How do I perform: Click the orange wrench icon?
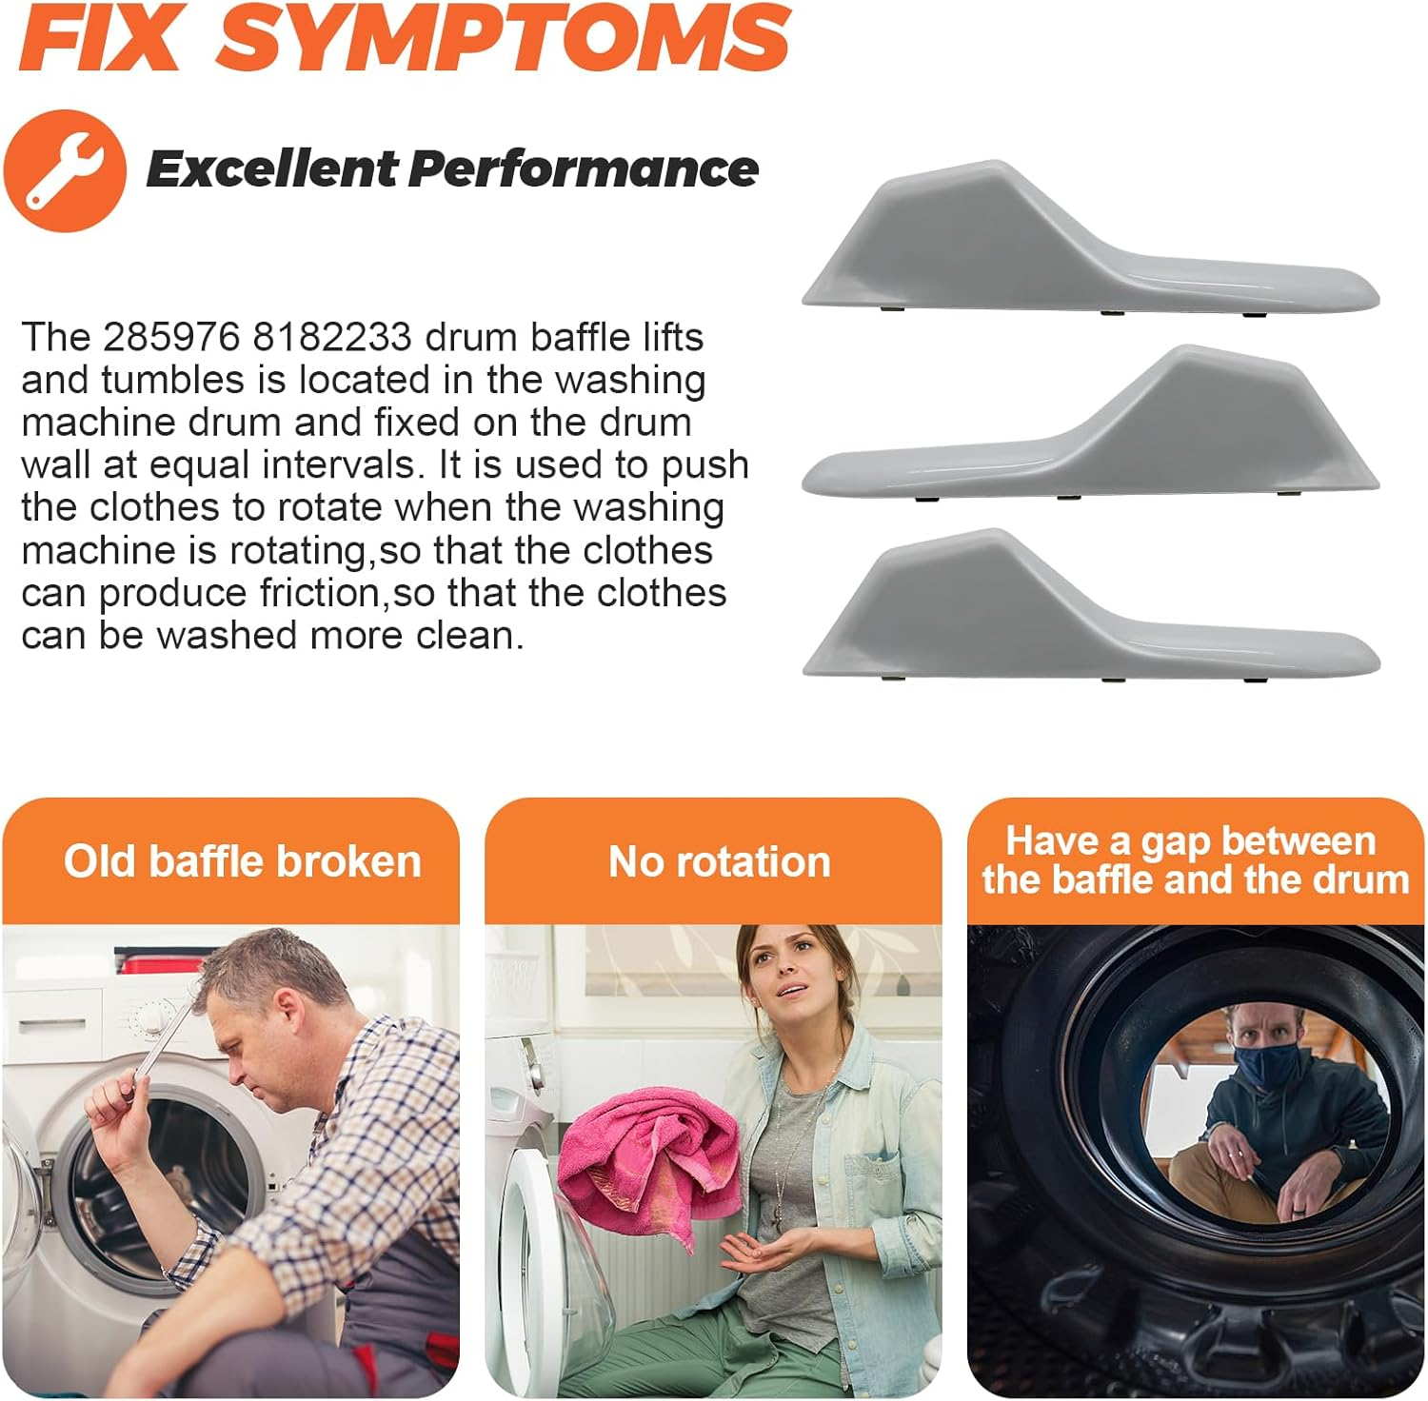click(65, 170)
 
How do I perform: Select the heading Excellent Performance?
click(452, 169)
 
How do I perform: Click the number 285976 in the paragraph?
click(171, 337)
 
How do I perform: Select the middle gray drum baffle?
click(1090, 424)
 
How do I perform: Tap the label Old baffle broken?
click(242, 861)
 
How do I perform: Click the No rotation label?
click(719, 861)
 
